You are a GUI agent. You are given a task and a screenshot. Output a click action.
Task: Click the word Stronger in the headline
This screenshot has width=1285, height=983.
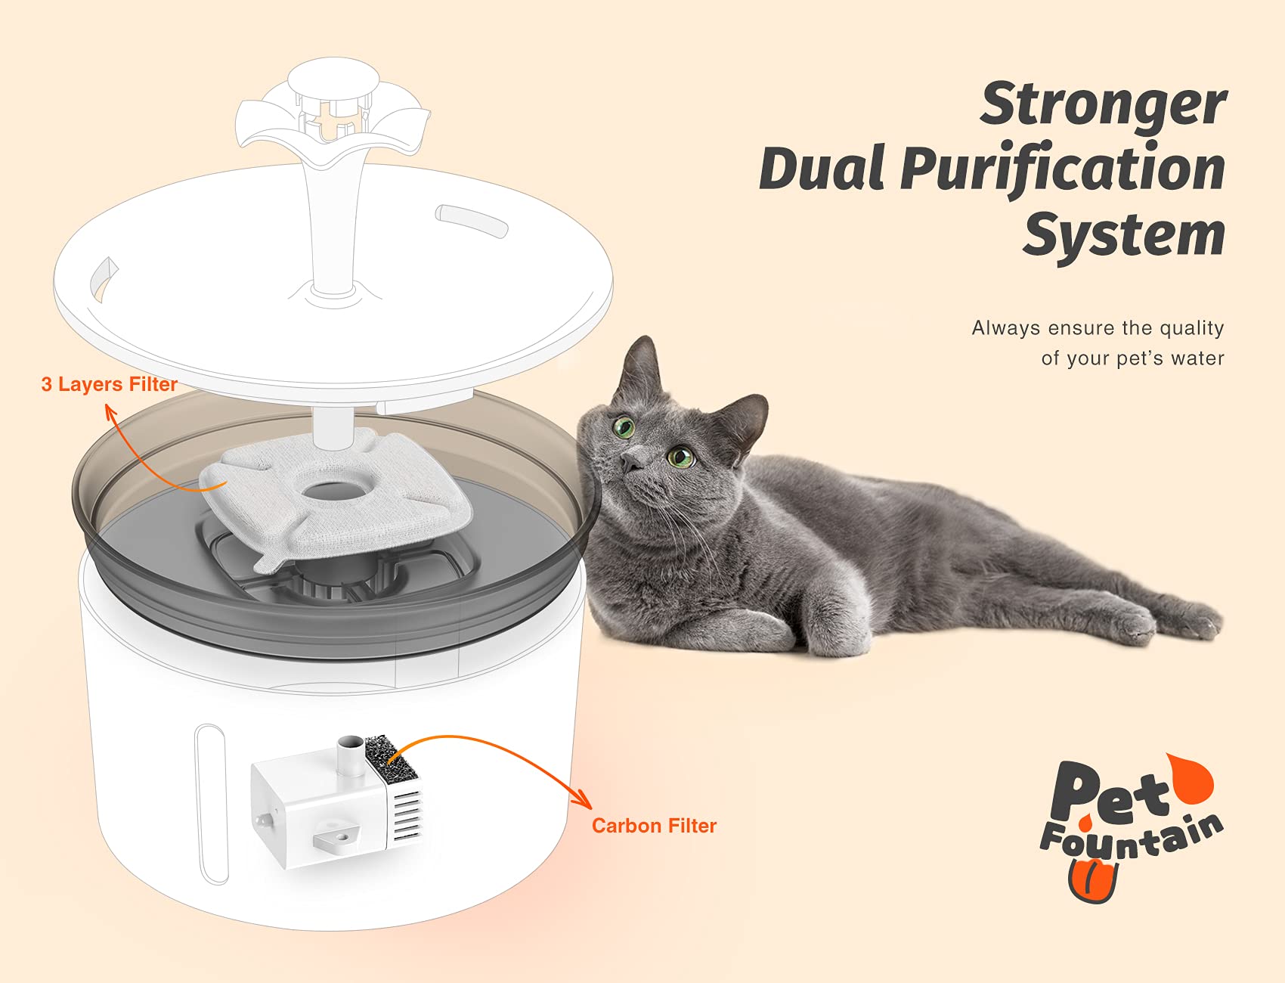point(1103,104)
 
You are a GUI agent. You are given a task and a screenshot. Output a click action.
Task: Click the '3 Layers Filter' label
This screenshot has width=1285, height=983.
point(109,384)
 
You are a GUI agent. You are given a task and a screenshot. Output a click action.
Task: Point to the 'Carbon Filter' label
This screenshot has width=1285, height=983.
point(654,826)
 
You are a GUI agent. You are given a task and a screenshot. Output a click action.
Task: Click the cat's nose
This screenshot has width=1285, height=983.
point(630,460)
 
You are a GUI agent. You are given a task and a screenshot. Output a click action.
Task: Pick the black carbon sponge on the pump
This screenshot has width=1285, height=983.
point(389,760)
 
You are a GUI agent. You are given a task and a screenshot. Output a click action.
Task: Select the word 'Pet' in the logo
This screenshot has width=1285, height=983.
point(1107,794)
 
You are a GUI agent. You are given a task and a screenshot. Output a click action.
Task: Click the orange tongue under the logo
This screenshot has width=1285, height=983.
point(1092,881)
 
